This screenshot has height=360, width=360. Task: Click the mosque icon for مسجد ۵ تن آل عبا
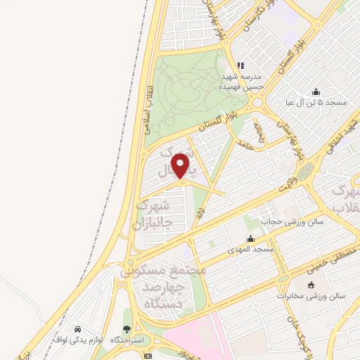316,91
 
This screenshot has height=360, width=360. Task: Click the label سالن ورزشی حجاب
292,221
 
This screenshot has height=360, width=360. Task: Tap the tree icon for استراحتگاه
127,328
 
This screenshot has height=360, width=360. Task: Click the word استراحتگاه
128,340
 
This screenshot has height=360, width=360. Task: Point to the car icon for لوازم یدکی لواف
76,328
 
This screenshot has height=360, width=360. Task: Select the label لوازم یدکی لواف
77,340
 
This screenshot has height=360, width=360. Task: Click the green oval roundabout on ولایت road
304,172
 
